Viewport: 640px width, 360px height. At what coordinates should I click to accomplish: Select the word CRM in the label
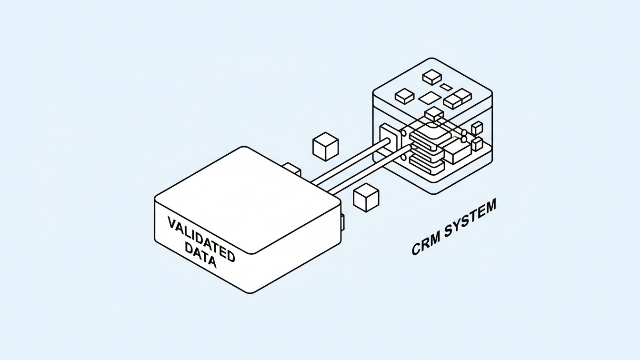pyautogui.click(x=427, y=245)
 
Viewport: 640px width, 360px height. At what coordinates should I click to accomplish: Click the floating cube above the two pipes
pyautogui.click(x=325, y=146)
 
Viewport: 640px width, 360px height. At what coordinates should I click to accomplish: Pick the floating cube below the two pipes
pyautogui.click(x=366, y=197)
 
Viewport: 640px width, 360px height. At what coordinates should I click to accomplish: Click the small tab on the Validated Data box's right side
pyautogui.click(x=342, y=221)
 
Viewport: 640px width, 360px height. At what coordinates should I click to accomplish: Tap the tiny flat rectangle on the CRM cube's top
pyautogui.click(x=446, y=87)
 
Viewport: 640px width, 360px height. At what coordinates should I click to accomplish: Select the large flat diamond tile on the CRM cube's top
pyautogui.click(x=431, y=98)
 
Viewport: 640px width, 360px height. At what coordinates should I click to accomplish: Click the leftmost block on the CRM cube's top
pyautogui.click(x=404, y=97)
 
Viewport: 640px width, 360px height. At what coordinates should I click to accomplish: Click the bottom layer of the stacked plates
pyautogui.click(x=425, y=164)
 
